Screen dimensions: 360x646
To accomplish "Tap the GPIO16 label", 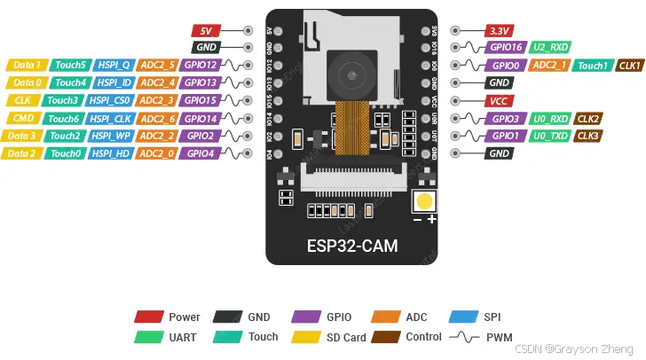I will pos(506,47).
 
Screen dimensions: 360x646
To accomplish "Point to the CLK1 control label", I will pos(629,65).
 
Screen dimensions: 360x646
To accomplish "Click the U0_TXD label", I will pos(550,136).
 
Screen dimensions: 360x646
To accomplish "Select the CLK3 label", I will pos(588,136).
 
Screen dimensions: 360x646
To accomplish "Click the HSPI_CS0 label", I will pos(111,100).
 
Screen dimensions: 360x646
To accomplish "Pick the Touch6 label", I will pos(64,118).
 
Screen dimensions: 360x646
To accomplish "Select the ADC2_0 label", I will pos(157,153).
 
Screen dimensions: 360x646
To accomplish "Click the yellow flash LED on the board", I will pos(426,200).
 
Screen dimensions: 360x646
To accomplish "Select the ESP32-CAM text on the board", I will pos(351,246).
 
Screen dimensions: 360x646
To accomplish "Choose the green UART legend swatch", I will pos(149,337).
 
